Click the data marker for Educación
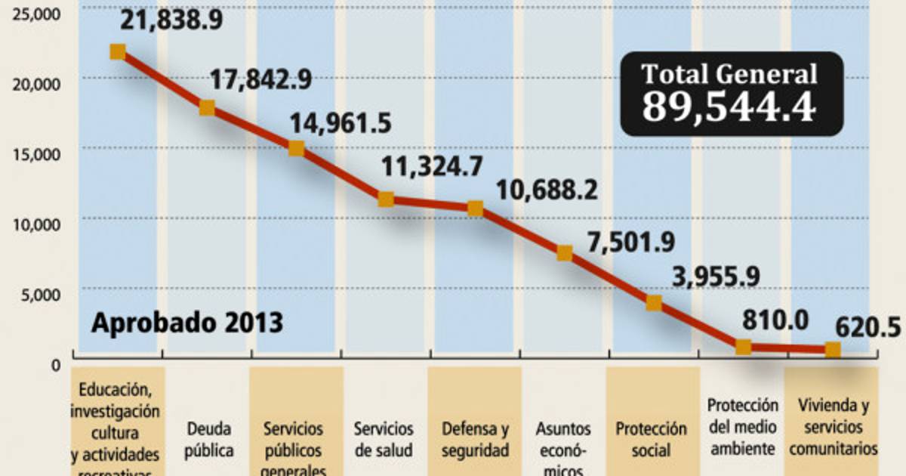117,51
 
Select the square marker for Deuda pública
207,108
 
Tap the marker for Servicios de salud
386,199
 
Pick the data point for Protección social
654,303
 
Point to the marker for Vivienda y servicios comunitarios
833,349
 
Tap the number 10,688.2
547,190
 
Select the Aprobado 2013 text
187,323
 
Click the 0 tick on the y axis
55,365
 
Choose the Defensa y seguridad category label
475,440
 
